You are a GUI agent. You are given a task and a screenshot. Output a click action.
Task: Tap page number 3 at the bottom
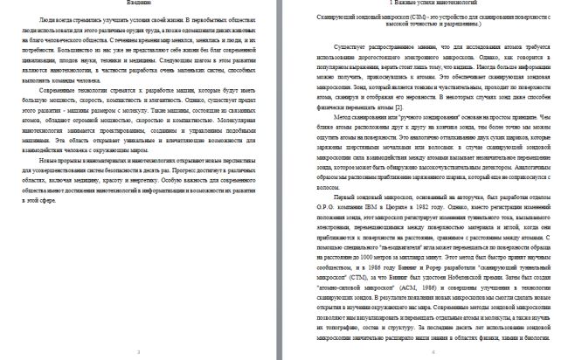tap(142, 351)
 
